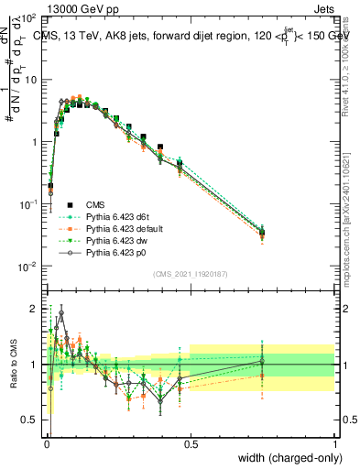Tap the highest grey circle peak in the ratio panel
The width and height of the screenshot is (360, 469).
tap(61, 312)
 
